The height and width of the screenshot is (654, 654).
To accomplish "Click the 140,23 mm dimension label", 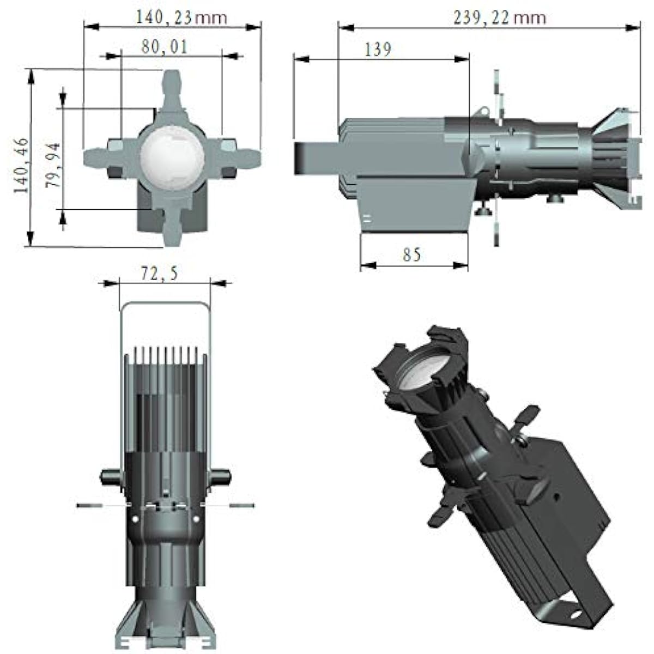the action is click(x=181, y=17).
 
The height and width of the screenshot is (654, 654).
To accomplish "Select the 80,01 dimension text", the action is click(x=165, y=46).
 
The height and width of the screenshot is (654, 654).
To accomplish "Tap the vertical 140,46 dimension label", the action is click(x=21, y=165).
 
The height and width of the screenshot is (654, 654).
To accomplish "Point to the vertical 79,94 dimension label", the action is click(x=53, y=165).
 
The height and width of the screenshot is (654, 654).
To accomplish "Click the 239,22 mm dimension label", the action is click(x=500, y=17).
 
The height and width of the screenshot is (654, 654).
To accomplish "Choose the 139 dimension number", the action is click(x=378, y=50).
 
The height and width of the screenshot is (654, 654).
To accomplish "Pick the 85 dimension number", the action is click(x=411, y=254).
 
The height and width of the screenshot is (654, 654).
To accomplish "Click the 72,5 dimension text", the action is click(x=159, y=274).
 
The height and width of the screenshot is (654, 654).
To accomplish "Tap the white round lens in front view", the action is click(x=172, y=159).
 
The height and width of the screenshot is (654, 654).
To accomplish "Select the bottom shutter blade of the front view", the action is click(x=172, y=227).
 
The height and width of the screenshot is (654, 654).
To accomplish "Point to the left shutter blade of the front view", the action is click(x=102, y=158).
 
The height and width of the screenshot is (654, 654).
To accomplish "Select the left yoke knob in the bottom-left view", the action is click(x=110, y=476).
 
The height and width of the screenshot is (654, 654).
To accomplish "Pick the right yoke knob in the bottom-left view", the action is click(x=221, y=476).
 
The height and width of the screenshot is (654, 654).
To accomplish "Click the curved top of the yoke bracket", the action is click(x=165, y=302).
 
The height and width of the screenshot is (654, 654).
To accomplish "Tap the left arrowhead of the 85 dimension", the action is click(x=368, y=265).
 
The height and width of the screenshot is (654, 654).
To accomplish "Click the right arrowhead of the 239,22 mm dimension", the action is click(x=633, y=28).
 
